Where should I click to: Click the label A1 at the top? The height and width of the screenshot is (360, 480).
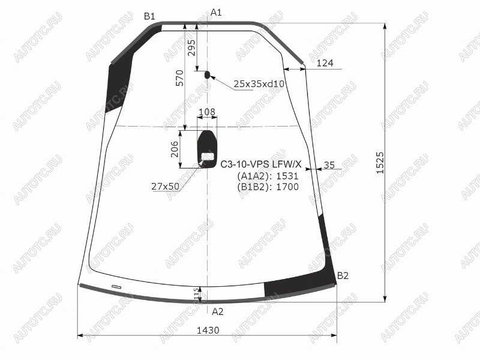tap(216, 13)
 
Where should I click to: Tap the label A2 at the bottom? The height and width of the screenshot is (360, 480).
tap(218, 311)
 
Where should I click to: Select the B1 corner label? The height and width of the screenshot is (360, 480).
tap(149, 16)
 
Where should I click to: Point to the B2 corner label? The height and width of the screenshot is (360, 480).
tap(343, 276)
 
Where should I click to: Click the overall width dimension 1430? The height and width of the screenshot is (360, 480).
tap(208, 331)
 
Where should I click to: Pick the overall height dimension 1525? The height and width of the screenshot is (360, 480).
tap(380, 163)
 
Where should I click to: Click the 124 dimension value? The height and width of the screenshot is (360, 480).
tap(325, 63)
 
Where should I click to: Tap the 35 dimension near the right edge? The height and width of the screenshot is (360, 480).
tap(329, 165)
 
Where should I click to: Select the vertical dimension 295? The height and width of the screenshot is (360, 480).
tap(191, 47)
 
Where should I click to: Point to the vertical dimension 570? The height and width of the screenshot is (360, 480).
tap(180, 78)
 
